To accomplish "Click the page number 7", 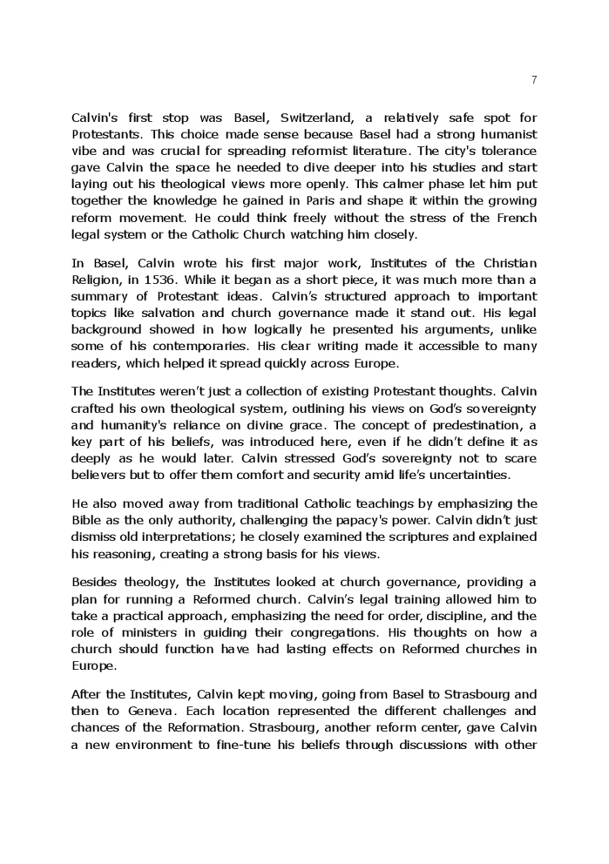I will click(533, 80).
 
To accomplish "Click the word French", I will click(516, 218).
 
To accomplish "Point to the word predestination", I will click(475, 425).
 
